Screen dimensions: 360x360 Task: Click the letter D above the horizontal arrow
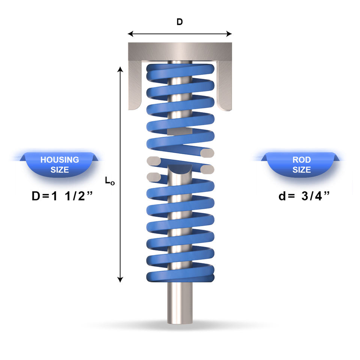180,22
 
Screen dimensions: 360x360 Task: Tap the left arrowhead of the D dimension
130,34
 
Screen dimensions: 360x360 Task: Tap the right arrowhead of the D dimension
229,34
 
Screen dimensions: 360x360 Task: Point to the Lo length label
110,181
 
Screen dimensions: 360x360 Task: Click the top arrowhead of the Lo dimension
120,69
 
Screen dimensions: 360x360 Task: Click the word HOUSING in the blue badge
60,160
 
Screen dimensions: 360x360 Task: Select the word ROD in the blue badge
301,160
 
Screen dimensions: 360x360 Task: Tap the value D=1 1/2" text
62,196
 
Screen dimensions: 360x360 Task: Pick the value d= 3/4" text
304,196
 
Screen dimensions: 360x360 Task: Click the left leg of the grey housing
135,85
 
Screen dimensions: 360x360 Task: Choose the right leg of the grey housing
225,85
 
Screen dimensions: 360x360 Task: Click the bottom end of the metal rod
180,322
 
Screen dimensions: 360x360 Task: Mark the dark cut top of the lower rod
180,168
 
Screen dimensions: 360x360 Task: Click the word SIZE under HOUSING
60,169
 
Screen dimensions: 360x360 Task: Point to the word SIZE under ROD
301,169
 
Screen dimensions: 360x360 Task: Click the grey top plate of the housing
180,51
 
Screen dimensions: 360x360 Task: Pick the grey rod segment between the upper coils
180,131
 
